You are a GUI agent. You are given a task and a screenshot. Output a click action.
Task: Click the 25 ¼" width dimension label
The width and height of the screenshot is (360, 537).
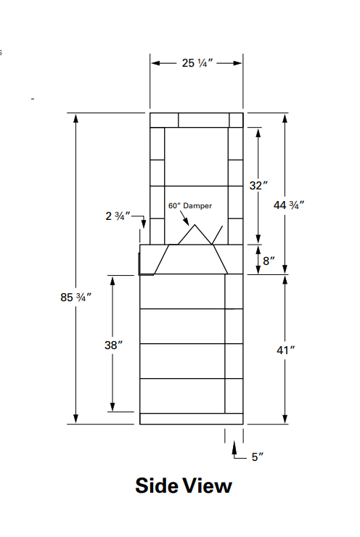pos(195,63)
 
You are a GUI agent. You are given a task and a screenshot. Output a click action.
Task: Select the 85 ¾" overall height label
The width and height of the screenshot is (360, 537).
pos(75,297)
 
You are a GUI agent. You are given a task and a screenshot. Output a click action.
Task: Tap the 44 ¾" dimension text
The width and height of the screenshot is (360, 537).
pos(288,205)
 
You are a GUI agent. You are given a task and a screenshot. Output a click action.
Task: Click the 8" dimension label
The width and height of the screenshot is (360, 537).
pos(269,261)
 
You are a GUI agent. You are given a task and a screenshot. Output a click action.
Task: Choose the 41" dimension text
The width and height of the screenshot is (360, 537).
pos(286,350)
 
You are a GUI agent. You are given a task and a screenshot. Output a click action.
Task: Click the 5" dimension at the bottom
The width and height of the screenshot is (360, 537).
pos(258,456)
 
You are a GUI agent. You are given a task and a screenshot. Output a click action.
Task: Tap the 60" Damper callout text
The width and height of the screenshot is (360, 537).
pos(190,206)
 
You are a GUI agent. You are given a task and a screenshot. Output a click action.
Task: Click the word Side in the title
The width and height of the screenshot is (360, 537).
pos(156,485)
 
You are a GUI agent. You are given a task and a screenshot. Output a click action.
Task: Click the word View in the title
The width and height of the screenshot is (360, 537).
pos(208,485)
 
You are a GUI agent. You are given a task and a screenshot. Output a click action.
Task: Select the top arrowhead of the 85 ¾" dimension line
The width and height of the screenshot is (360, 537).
pos(75,118)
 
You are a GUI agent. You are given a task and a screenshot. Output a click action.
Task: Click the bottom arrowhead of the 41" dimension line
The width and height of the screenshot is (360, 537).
pos(285,419)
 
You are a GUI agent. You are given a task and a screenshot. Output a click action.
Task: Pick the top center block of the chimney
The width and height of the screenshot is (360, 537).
pos(203,120)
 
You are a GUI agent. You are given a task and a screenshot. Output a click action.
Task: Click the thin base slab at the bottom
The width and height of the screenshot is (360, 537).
pos(191,419)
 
